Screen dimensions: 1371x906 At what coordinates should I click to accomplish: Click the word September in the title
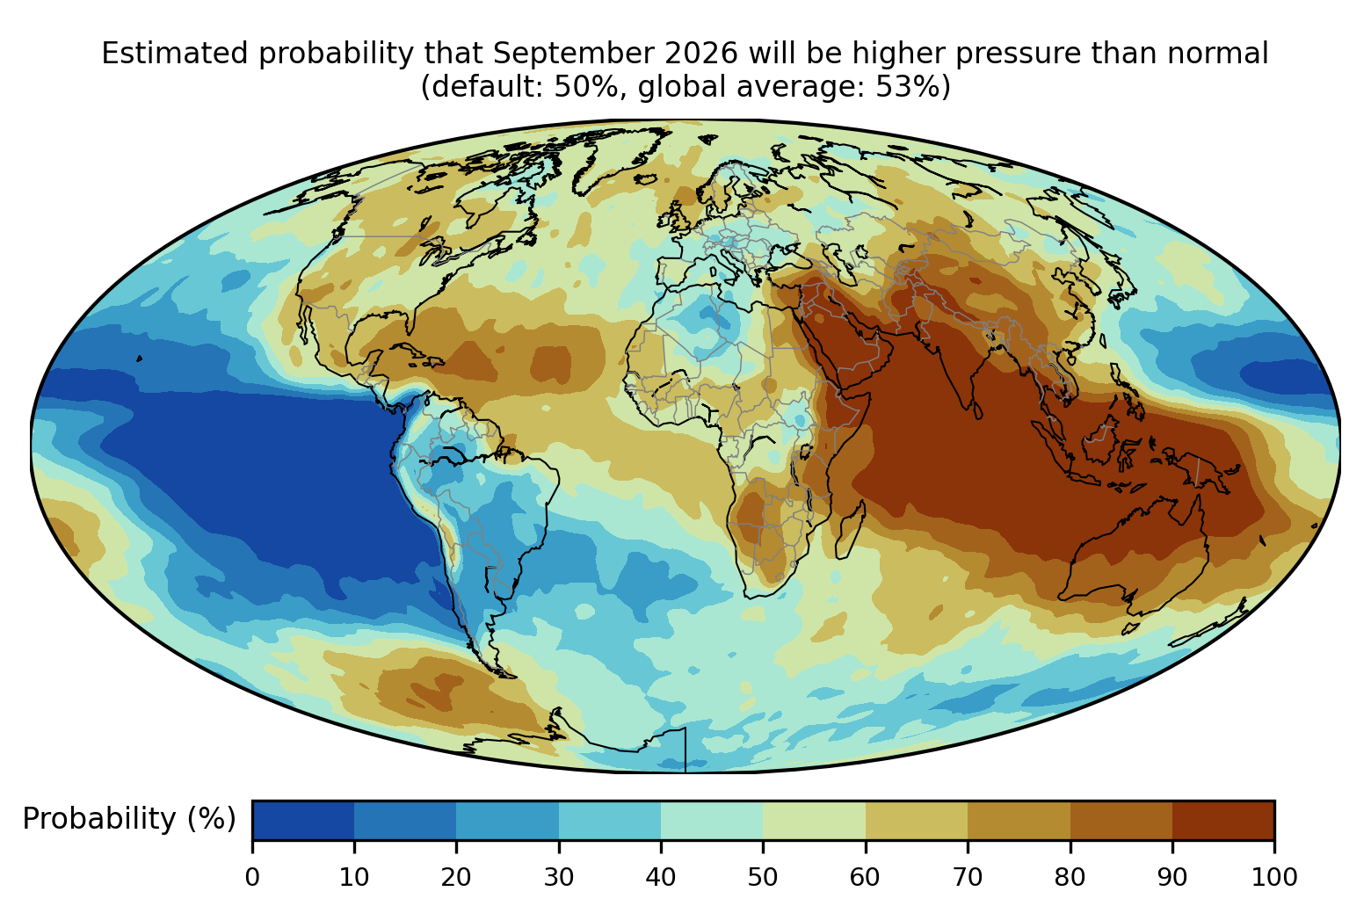574,54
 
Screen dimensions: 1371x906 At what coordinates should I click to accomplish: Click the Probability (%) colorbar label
129,819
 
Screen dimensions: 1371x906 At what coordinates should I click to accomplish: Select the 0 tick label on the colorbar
252,877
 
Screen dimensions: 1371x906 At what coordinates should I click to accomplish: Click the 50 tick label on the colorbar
763,877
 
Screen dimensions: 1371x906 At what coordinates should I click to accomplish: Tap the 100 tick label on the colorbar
1274,877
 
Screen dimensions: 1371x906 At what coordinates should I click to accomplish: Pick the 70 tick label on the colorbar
968,877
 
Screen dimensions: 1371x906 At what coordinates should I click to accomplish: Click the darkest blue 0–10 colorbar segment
303,820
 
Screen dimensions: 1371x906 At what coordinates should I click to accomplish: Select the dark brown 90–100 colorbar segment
1223,820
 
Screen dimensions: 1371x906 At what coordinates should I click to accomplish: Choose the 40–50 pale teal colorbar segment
712,820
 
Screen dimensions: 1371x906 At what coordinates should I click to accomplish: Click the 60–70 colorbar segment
917,820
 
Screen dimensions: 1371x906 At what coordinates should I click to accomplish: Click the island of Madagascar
850,530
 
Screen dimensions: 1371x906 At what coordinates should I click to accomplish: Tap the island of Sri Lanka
977,410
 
